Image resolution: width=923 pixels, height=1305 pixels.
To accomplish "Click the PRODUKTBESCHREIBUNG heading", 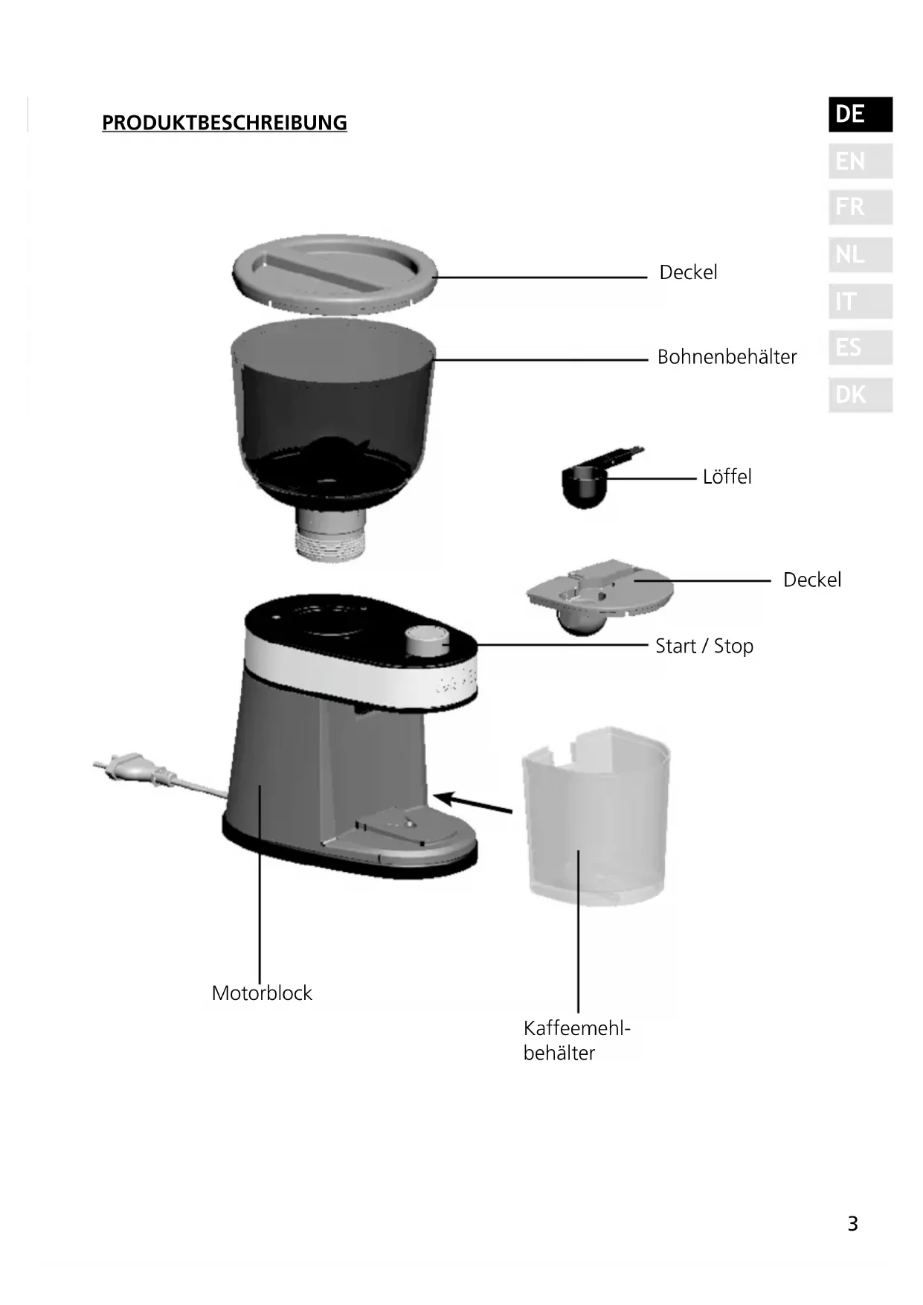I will (224, 123).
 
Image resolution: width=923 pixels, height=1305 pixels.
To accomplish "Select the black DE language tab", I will (860, 115).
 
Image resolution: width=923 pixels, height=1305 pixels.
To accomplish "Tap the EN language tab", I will (860, 161).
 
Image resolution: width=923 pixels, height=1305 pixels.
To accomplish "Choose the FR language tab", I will (860, 208).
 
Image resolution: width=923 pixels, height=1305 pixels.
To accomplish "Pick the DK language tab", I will (860, 395).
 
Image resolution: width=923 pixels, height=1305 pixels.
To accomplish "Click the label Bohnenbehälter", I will (727, 357).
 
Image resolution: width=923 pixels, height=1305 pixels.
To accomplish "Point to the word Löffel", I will (727, 477).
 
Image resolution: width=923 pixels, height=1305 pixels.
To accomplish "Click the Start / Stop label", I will (704, 646).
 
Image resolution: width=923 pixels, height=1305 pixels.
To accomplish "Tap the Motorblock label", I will (262, 993).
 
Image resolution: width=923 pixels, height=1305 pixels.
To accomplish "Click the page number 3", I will (852, 1224).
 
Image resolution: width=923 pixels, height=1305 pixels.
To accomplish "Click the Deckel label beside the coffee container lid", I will (811, 580).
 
